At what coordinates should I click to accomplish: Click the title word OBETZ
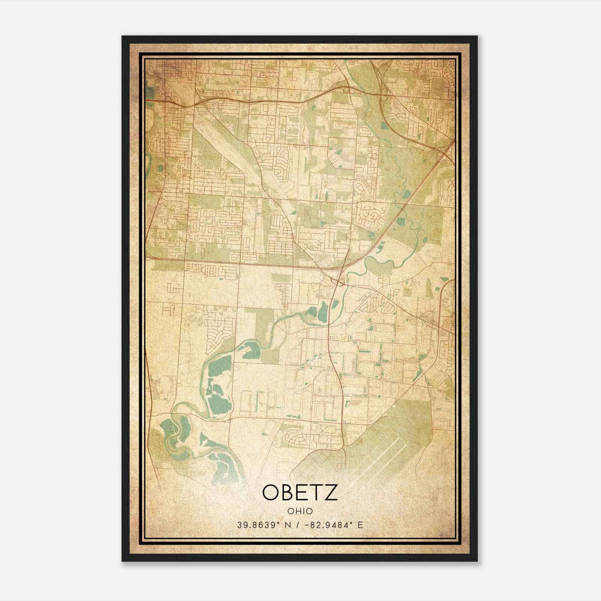(300, 493)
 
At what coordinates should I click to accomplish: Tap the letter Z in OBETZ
(331, 493)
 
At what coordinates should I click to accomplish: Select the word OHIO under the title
(300, 511)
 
